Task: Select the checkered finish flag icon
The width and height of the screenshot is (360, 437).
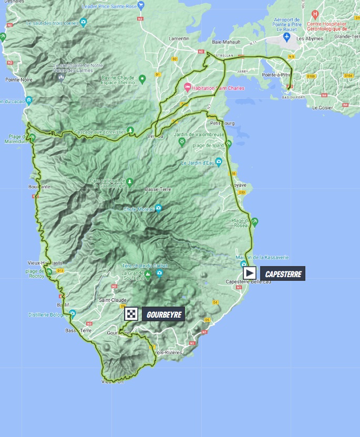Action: click(x=131, y=314)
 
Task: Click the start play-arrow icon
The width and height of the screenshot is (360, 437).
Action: click(x=250, y=273)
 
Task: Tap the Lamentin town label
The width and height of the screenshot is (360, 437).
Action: click(x=179, y=38)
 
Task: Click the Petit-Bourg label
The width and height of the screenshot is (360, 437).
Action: click(x=221, y=123)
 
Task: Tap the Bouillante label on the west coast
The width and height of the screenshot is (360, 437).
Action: click(x=40, y=187)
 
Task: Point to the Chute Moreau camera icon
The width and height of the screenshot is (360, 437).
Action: click(x=158, y=208)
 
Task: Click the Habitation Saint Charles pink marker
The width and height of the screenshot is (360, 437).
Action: click(x=187, y=88)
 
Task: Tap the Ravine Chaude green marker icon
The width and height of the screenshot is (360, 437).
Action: click(x=142, y=79)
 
